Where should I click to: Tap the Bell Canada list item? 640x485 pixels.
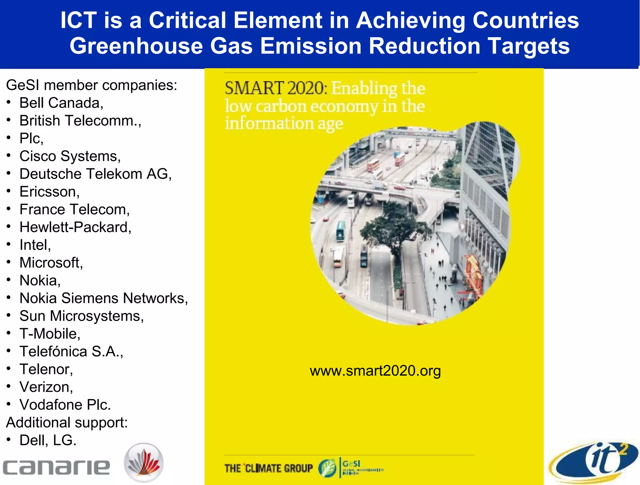pyautogui.click(x=61, y=103)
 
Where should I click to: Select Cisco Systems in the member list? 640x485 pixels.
pyautogui.click(x=70, y=156)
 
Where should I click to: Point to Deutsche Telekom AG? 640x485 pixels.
pyautogui.click(x=96, y=174)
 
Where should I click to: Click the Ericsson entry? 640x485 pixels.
pyautogui.click(x=49, y=192)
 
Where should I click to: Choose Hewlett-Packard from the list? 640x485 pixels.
pyautogui.click(x=75, y=227)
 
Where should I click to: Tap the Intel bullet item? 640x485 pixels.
pyautogui.click(x=35, y=245)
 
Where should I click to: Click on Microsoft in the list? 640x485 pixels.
pyautogui.click(x=51, y=263)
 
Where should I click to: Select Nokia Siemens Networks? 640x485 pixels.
pyautogui.click(x=104, y=298)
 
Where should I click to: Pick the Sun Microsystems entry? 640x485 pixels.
pyautogui.click(x=82, y=316)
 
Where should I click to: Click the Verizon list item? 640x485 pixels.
pyautogui.click(x=46, y=387)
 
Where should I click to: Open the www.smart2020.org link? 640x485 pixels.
pyautogui.click(x=375, y=371)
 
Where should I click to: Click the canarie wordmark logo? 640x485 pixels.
pyautogui.click(x=56, y=467)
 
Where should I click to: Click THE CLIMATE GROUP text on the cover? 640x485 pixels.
pyautogui.click(x=268, y=468)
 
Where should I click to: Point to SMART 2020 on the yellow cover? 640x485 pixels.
pyautogui.click(x=275, y=88)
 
